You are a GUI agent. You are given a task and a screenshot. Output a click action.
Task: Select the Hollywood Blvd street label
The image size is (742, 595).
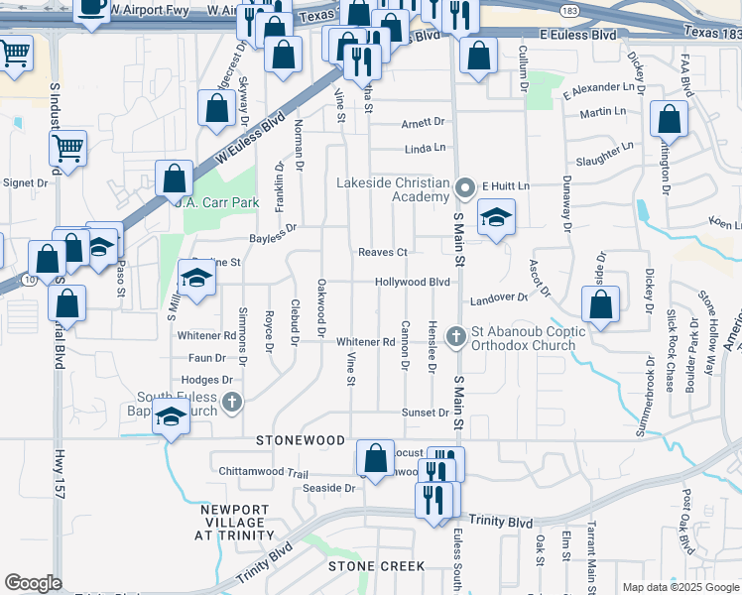[x=413, y=283]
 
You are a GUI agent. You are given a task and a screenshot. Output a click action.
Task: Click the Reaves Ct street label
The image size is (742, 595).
[x=383, y=252]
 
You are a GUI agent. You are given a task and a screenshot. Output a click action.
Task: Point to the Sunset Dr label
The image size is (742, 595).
[x=425, y=413]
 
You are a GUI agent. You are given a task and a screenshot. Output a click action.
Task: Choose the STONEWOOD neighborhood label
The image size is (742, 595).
[x=301, y=440]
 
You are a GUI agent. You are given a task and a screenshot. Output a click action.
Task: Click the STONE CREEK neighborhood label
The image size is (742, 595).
[x=377, y=566]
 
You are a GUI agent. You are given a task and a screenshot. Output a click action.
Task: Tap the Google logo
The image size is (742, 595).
[x=33, y=583]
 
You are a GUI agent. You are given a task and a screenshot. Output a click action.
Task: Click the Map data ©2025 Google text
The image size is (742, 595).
[x=681, y=587]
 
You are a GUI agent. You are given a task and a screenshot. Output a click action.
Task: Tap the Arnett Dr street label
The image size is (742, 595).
[x=424, y=123]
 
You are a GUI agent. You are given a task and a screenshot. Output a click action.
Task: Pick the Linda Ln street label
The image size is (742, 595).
[x=426, y=149]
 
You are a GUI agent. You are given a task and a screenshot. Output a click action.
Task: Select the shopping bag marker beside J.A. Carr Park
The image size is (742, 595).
[x=174, y=179]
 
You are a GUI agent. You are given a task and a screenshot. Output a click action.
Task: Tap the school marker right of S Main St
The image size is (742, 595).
[x=496, y=217]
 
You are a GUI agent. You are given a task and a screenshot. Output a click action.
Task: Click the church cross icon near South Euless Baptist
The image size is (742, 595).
[x=231, y=402]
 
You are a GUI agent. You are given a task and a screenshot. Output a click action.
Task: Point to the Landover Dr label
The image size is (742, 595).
[x=499, y=297]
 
